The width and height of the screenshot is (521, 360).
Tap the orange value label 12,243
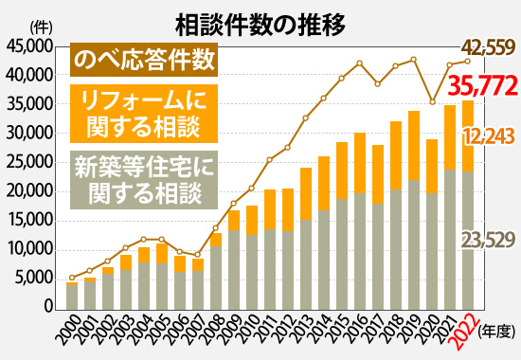click(x=488, y=137)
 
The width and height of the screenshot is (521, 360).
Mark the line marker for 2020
click(x=432, y=101)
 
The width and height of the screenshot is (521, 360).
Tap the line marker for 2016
click(x=360, y=63)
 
